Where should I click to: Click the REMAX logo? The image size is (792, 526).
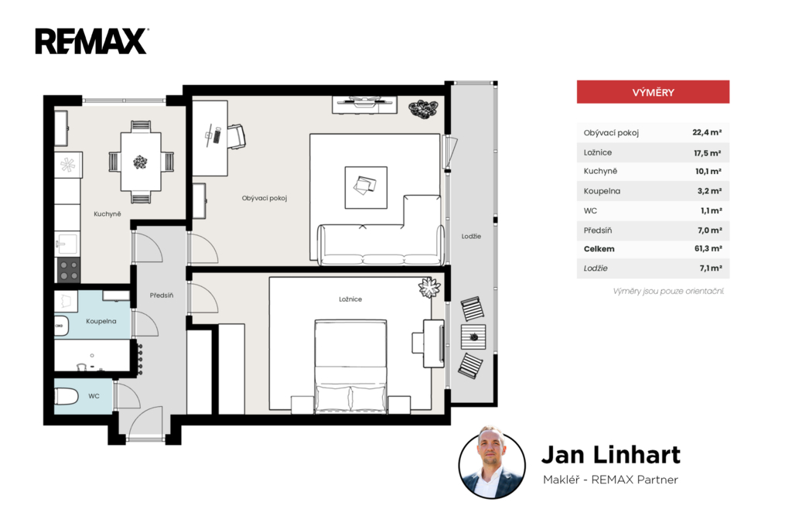click(x=91, y=41)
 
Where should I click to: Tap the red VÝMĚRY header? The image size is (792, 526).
click(x=653, y=92)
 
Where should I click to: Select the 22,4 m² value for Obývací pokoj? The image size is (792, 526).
click(x=707, y=132)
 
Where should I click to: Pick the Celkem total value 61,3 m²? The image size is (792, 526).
click(x=708, y=248)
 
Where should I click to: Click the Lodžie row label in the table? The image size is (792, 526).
click(x=596, y=268)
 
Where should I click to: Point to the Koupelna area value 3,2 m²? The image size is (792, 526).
click(x=709, y=191)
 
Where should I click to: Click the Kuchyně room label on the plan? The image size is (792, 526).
click(x=107, y=213)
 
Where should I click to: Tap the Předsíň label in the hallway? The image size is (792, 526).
click(x=162, y=295)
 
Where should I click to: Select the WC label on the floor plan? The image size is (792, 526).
click(x=94, y=396)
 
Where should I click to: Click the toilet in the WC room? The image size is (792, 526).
click(x=66, y=396)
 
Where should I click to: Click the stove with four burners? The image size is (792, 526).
click(x=69, y=270)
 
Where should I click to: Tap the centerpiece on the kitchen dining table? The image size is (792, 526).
click(x=141, y=162)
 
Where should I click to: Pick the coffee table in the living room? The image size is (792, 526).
click(x=366, y=187)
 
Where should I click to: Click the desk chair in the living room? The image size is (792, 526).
click(x=237, y=136)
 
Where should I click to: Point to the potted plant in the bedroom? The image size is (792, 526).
click(x=429, y=288)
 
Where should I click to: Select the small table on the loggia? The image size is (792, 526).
click(x=473, y=337)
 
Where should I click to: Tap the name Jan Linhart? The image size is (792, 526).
click(x=611, y=454)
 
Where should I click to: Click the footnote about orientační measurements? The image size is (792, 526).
click(x=668, y=291)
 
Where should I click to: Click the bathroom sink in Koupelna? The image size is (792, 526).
click(x=61, y=326)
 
